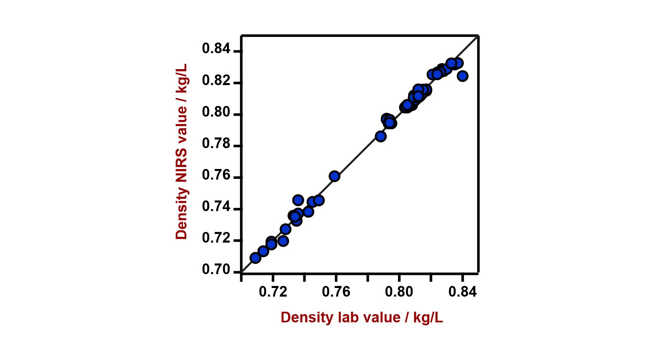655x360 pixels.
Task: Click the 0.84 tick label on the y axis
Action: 216,49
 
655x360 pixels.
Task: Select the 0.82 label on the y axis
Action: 216,81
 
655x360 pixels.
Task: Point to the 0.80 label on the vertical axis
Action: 216,112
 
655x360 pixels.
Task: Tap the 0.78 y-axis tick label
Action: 216,144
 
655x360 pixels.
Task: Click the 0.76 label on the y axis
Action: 216,175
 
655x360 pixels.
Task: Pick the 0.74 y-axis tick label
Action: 216,207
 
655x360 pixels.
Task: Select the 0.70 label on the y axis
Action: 216,270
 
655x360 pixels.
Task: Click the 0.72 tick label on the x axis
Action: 273,292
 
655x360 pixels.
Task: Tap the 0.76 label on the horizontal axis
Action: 336,292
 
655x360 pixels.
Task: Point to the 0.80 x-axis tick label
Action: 399,292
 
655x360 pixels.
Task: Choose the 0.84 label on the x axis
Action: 463,292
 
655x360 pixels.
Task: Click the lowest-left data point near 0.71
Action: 255,258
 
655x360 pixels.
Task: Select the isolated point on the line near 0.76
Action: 334,176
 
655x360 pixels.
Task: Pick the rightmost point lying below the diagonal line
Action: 463,76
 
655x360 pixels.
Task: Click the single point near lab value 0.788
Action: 381,136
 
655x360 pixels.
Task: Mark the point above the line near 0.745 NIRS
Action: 298,200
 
